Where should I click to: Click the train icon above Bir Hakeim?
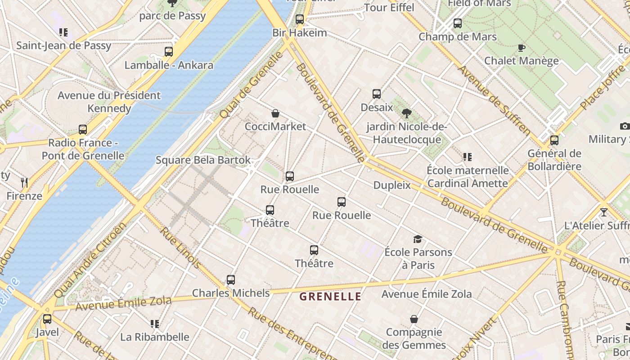point(300,19)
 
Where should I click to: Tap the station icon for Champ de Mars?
point(458,23)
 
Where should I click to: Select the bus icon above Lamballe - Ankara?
point(169,52)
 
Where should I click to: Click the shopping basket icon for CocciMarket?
point(275,113)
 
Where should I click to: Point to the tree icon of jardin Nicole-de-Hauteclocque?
point(407,113)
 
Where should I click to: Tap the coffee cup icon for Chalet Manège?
point(522,48)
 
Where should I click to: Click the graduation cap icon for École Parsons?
point(418,239)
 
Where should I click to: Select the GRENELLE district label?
point(330,297)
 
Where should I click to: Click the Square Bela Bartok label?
point(203,160)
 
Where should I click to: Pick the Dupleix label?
point(392,185)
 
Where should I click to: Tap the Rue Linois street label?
point(180,247)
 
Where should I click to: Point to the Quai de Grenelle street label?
point(252,85)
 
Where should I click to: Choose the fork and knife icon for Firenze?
point(24,183)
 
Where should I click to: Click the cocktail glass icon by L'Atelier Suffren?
point(604,212)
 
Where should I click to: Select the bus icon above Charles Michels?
point(231,280)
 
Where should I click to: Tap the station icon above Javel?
point(47,319)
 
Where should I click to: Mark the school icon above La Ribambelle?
point(155,324)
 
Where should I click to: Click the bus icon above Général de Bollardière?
point(554,140)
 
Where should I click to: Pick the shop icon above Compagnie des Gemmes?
point(414,319)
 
